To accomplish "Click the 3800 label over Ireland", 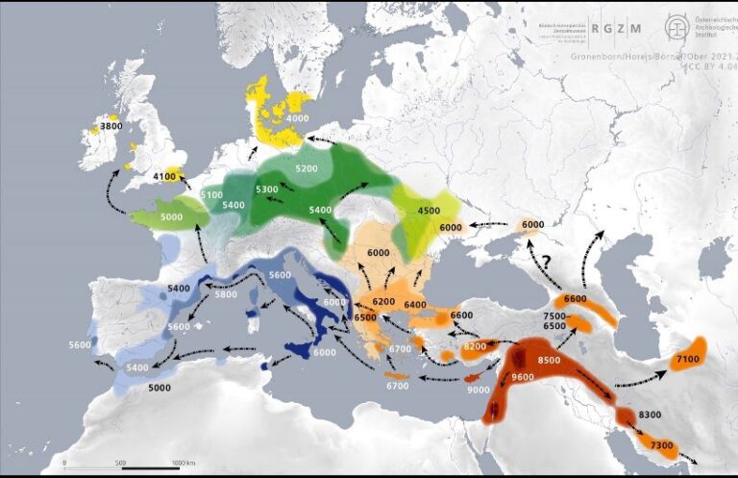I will click(111, 126).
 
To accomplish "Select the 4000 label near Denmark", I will click(297, 118).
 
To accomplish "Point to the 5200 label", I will click(307, 168).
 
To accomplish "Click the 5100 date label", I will click(212, 195).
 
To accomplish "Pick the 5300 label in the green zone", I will click(266, 189).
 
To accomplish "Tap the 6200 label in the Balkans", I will click(383, 302).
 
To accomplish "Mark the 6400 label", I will click(415, 305).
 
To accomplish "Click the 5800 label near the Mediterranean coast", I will click(225, 294).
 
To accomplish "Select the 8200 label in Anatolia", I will click(475, 346).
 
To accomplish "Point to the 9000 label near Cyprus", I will click(477, 390).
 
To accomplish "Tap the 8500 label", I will click(549, 360).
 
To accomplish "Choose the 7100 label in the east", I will click(687, 360).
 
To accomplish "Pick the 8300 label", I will click(649, 414).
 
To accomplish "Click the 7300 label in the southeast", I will click(661, 445).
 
